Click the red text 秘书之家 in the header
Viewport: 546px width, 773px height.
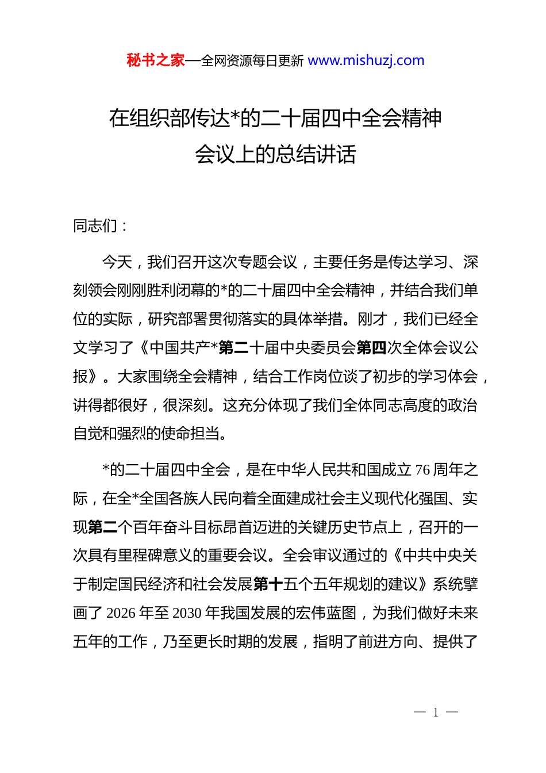155,60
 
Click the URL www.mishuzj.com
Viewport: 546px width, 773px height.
366,60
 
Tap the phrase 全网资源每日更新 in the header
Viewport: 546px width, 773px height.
252,61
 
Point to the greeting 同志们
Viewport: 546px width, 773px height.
95,226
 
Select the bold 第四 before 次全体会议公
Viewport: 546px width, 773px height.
371,347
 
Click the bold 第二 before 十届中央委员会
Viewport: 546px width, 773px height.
233,347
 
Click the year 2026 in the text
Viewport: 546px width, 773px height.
121,613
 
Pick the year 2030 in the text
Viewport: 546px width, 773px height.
187,613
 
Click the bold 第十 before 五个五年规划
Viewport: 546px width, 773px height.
268,584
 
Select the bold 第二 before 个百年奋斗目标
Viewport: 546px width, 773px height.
103,527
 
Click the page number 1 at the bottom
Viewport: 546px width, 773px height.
436,713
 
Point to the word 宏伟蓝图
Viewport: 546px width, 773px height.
328,613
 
